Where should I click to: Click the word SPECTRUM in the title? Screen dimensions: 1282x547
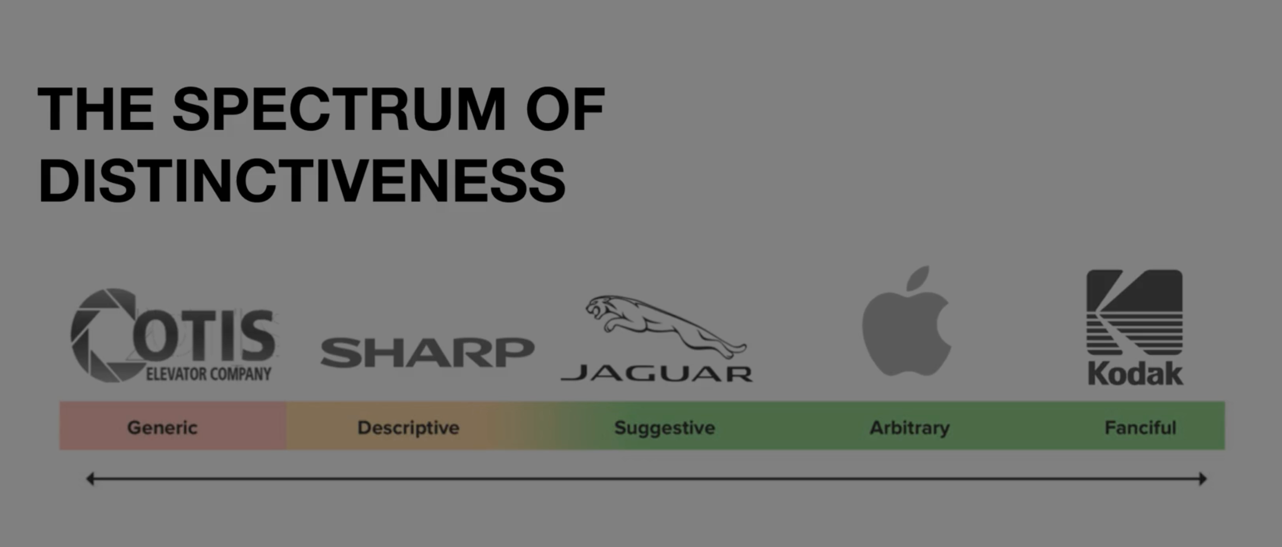339,109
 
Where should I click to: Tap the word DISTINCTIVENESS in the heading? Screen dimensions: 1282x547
302,180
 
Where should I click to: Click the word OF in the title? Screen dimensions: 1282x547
565,109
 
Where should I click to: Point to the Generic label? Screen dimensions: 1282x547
162,427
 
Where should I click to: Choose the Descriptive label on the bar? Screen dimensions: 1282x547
408,428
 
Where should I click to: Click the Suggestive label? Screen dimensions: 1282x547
665,428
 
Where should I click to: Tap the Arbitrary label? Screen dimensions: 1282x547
909,428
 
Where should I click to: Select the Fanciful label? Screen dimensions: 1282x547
1140,427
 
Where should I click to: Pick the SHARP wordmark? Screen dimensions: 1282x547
427,352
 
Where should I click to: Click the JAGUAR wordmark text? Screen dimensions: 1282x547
657,374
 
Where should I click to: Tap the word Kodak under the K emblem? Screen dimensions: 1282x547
1135,374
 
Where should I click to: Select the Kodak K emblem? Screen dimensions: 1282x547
1134,313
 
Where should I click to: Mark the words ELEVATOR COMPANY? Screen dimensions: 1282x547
208,374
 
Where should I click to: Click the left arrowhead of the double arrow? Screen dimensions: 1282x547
90,479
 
